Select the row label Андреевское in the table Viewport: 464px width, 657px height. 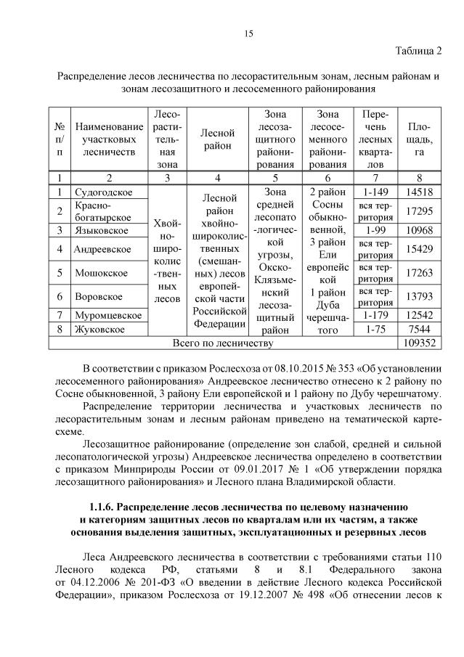(x=102, y=249)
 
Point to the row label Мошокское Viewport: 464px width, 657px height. (x=101, y=273)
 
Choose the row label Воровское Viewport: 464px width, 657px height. (x=99, y=296)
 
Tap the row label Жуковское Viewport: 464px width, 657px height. (x=99, y=329)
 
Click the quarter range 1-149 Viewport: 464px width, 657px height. (x=375, y=192)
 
